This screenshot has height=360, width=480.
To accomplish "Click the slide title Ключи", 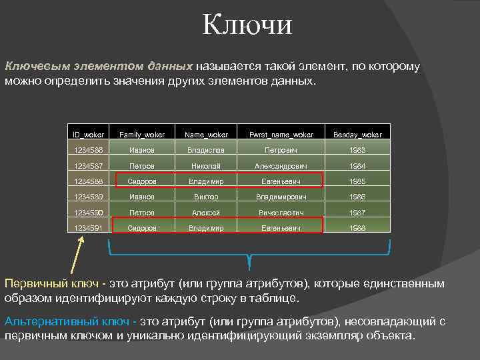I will (x=247, y=26).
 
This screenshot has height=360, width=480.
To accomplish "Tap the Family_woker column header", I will (x=141, y=135).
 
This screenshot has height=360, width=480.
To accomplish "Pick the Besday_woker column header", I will (x=358, y=135).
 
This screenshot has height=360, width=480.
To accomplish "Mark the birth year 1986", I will (x=358, y=197).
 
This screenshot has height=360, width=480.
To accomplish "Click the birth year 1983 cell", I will (x=358, y=151).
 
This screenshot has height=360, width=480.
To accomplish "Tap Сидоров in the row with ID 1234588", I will (x=141, y=181).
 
